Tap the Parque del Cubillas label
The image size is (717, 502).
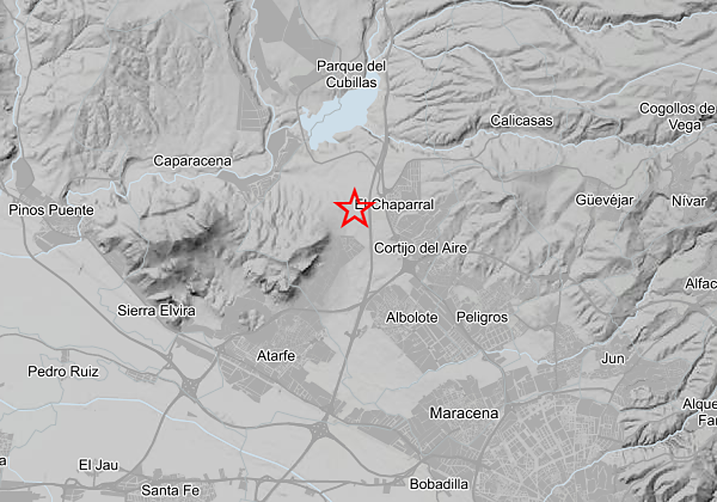(351, 74)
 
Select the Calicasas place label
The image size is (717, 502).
(522, 121)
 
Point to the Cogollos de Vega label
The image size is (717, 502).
(678, 117)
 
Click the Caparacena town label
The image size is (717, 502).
(192, 161)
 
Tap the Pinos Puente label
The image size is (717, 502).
(51, 210)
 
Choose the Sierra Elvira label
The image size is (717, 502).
(156, 311)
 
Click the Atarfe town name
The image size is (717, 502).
(276, 356)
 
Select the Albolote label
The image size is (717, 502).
(412, 317)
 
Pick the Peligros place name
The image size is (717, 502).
(482, 317)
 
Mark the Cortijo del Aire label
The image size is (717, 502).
(420, 248)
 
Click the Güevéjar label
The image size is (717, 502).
(604, 200)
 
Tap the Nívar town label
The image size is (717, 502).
(688, 201)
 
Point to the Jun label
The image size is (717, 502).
(613, 359)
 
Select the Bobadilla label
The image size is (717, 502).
(439, 484)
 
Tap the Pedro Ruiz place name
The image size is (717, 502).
(63, 372)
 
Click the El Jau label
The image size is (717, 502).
(99, 465)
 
